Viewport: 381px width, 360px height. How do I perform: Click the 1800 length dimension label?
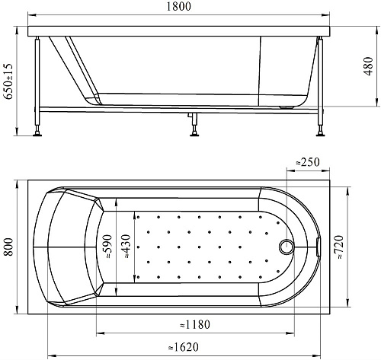(x=178, y=6)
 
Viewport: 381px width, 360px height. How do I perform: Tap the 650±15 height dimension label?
(x=8, y=81)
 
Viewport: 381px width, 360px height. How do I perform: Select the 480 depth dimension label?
(x=368, y=66)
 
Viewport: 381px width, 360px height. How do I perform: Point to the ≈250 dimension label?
(x=308, y=162)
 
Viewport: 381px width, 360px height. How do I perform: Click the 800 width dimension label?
(x=8, y=247)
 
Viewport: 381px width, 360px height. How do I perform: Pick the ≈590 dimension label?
(x=107, y=247)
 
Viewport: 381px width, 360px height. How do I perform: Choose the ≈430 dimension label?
(x=126, y=247)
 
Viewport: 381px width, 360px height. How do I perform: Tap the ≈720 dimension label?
(x=339, y=247)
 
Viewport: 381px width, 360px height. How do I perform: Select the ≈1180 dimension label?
(x=195, y=324)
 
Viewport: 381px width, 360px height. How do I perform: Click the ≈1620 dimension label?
(x=184, y=347)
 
